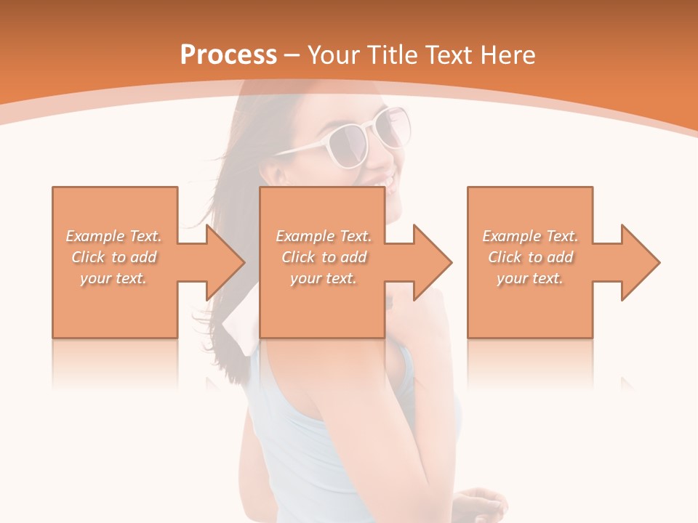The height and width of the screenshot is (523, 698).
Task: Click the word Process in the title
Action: coord(228,55)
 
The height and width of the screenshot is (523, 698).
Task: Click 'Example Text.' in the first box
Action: coord(114,236)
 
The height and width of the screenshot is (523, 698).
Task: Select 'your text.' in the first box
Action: coord(114,278)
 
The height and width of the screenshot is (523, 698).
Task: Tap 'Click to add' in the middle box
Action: coord(324,257)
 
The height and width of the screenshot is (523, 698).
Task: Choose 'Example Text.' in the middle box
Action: coord(324,236)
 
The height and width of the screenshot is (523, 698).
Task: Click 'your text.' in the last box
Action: coord(530,278)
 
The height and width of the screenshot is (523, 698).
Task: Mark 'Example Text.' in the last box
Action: coord(530,236)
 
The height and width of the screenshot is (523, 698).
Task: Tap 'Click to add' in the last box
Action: coord(530,257)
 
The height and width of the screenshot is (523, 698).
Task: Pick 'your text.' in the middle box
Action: coord(324,278)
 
